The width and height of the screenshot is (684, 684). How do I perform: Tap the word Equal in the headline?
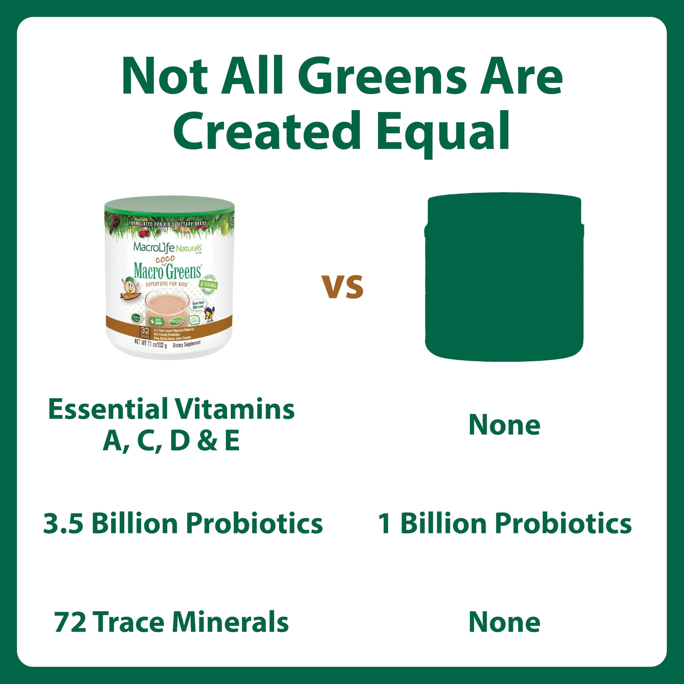point(442,132)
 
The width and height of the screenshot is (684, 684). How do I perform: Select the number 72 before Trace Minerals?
point(70,622)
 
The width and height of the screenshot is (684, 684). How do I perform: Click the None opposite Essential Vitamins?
point(504,425)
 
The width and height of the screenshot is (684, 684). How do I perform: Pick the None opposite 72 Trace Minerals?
point(504,622)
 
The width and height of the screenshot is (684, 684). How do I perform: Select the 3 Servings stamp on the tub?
point(208,284)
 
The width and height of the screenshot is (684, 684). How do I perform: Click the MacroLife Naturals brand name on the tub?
point(167,247)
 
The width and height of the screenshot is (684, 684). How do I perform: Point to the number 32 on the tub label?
point(145,330)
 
